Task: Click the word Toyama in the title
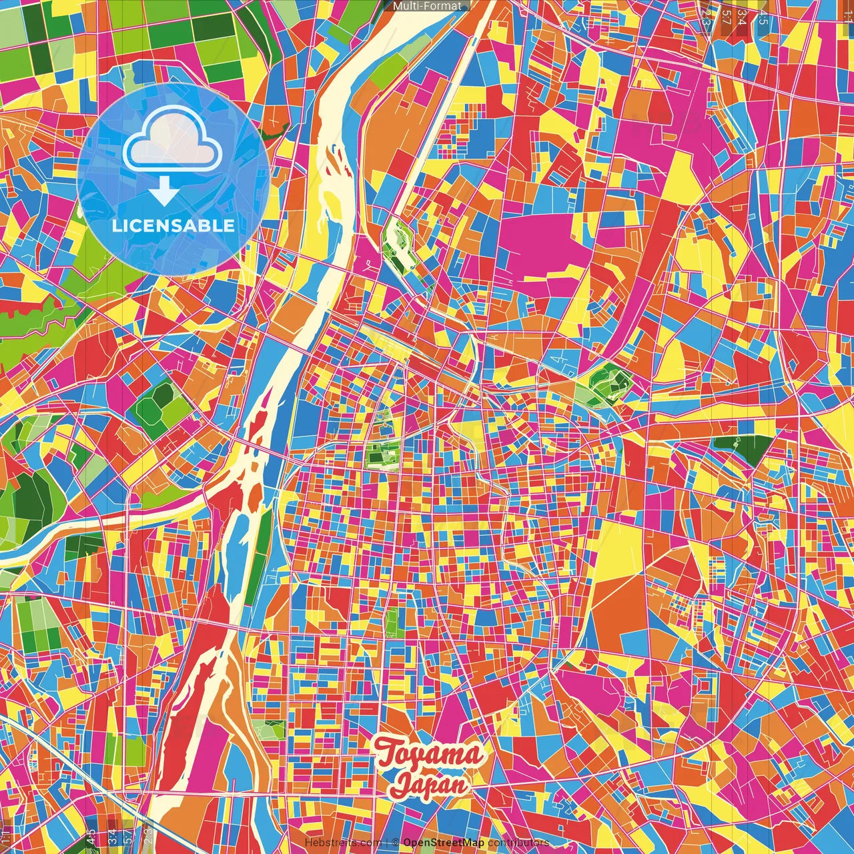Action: coord(429,755)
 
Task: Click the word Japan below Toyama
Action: coord(429,785)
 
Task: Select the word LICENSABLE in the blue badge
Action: coord(173,226)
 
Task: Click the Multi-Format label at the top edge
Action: coord(426,6)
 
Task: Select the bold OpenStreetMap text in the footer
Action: coord(444,843)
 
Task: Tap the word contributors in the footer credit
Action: coord(518,843)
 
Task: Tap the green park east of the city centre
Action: coord(609,385)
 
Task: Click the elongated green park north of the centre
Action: coord(399,244)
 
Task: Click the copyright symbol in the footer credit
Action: coord(395,843)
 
